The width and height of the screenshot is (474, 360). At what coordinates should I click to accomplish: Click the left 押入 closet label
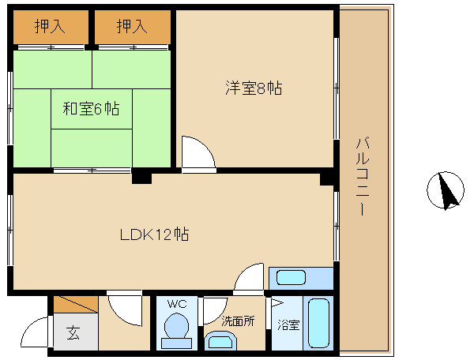point(50,26)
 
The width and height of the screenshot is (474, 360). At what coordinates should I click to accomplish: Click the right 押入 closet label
point(132,26)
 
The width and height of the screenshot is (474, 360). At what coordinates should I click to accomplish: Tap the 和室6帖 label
point(91,109)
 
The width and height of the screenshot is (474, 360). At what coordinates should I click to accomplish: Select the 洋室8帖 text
point(254,88)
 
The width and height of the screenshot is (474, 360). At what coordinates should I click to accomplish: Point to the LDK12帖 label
point(155,234)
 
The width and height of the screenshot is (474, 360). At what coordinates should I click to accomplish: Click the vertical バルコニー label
point(363,176)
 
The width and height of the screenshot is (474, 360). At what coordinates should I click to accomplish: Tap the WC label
point(177,304)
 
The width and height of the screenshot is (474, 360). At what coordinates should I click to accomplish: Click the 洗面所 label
point(238,321)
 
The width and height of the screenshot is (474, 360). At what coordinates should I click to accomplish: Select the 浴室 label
point(288,325)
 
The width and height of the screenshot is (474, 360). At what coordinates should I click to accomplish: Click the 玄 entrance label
point(73,332)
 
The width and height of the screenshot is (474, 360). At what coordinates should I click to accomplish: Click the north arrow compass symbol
point(446,190)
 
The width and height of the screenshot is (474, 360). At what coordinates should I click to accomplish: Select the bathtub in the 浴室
point(318,323)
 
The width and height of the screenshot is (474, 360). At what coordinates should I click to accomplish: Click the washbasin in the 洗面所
point(220,341)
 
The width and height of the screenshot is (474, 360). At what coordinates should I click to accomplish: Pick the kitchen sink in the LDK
point(291,278)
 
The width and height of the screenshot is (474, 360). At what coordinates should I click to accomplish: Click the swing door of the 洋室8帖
point(198,154)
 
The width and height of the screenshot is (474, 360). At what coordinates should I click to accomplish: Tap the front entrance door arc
point(33,331)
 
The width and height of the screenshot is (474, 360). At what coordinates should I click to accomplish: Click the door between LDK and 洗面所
point(249,279)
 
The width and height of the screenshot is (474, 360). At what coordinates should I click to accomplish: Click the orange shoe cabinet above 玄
point(76,304)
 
